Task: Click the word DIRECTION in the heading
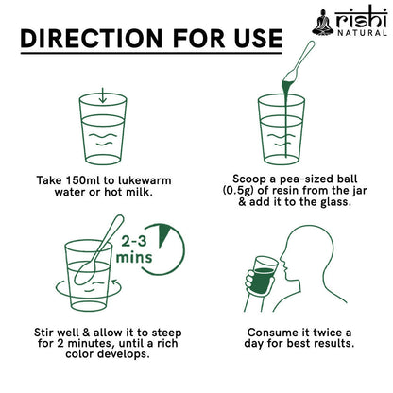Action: [92, 39]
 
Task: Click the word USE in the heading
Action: [258, 39]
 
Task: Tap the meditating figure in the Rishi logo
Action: [322, 22]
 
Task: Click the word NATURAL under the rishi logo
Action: [362, 32]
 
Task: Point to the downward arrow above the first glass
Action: [103, 95]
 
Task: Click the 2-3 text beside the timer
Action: [134, 241]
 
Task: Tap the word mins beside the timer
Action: [134, 257]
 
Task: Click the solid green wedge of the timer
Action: [163, 234]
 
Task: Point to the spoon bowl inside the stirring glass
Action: [84, 274]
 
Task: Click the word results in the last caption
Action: [335, 343]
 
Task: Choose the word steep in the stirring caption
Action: [166, 333]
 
